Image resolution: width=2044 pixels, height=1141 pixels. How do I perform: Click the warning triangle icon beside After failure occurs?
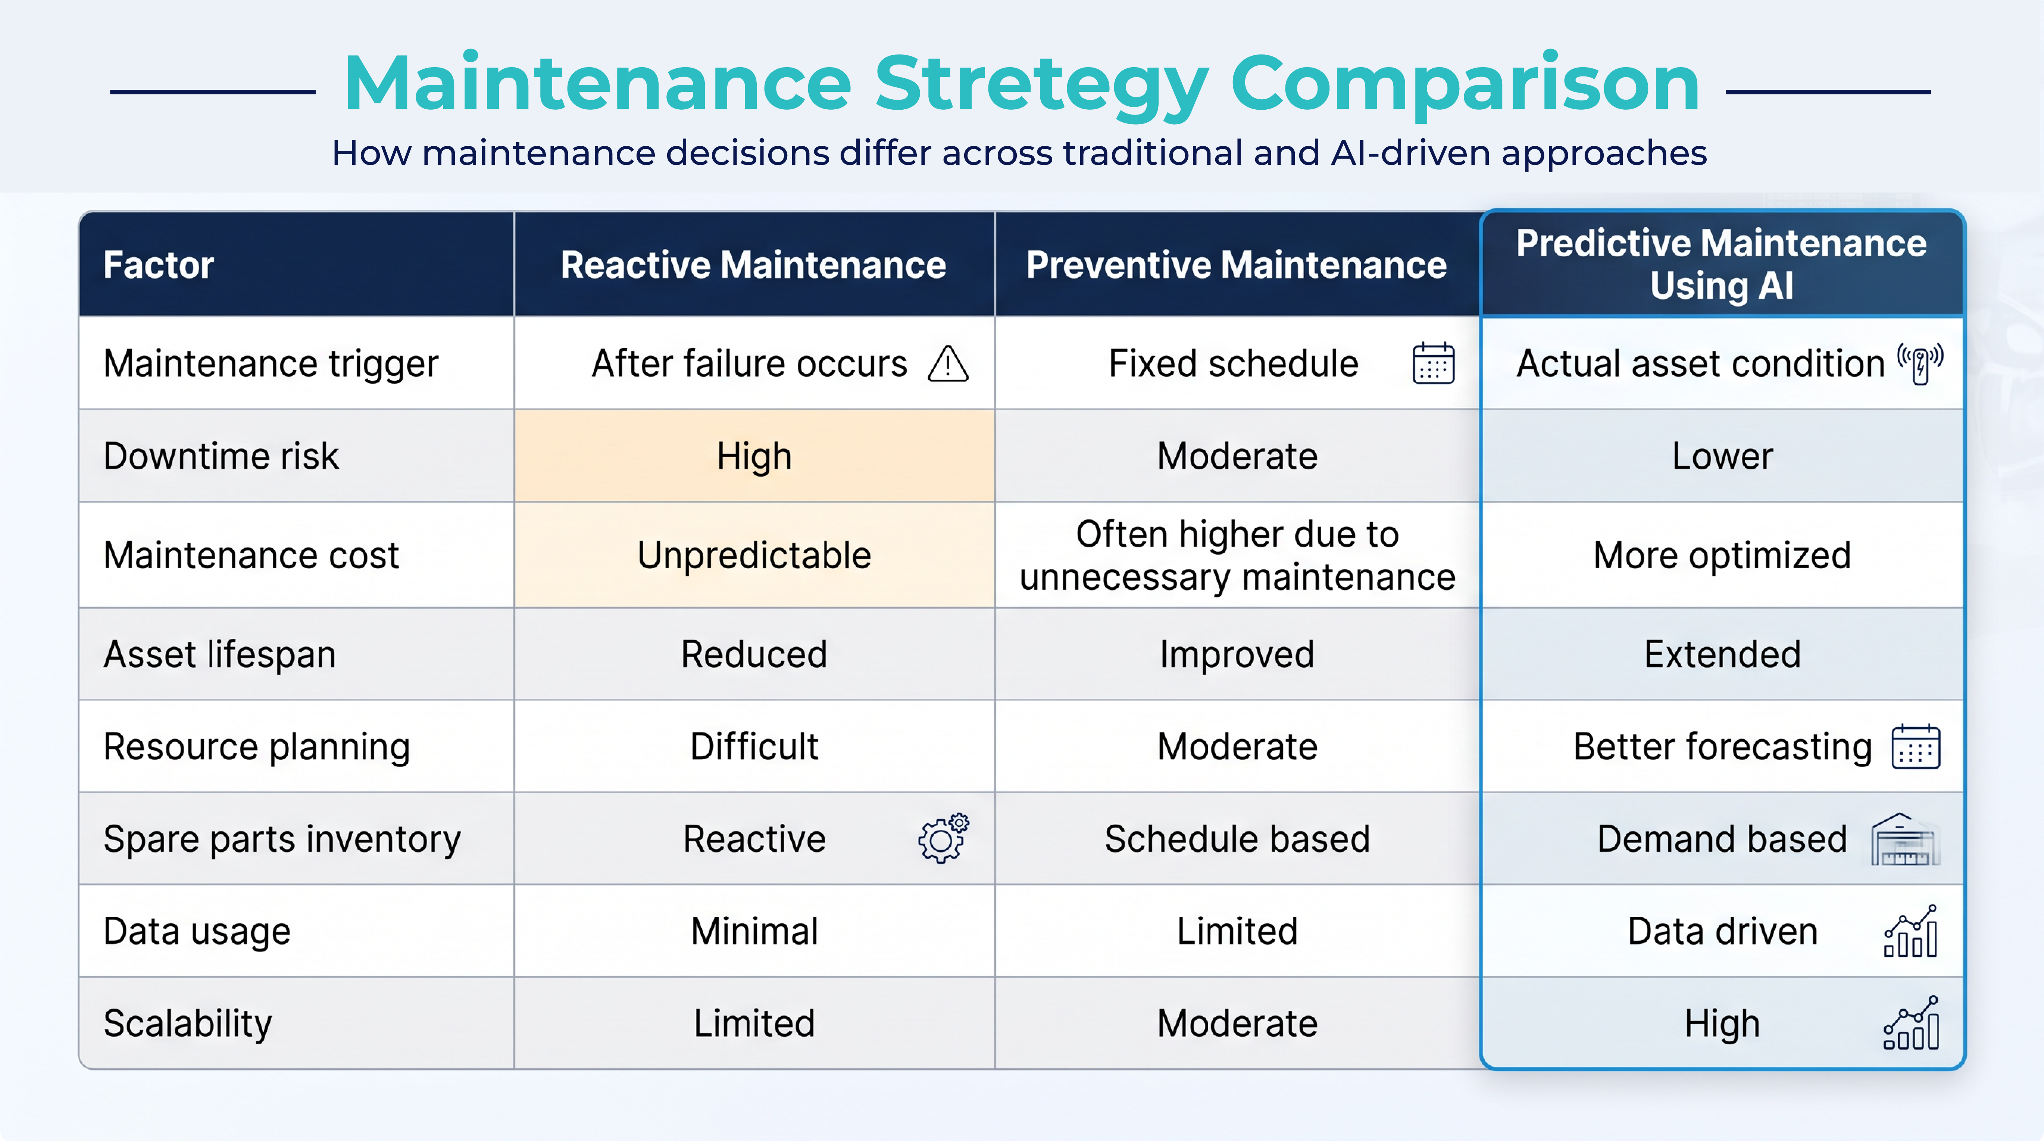click(x=948, y=364)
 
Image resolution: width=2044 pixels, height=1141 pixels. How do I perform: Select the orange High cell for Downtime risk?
click(x=754, y=456)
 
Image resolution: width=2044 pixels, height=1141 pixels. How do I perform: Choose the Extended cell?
click(x=1722, y=654)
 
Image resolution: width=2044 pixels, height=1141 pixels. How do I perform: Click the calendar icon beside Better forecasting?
click(x=1915, y=747)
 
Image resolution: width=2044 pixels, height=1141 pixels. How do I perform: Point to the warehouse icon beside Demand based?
click(x=1904, y=840)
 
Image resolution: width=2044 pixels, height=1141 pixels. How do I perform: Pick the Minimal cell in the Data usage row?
click(x=754, y=931)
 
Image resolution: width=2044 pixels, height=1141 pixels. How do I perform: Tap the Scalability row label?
click(x=188, y=1023)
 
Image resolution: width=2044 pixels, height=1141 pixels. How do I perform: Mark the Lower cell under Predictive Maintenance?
click(x=1722, y=456)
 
